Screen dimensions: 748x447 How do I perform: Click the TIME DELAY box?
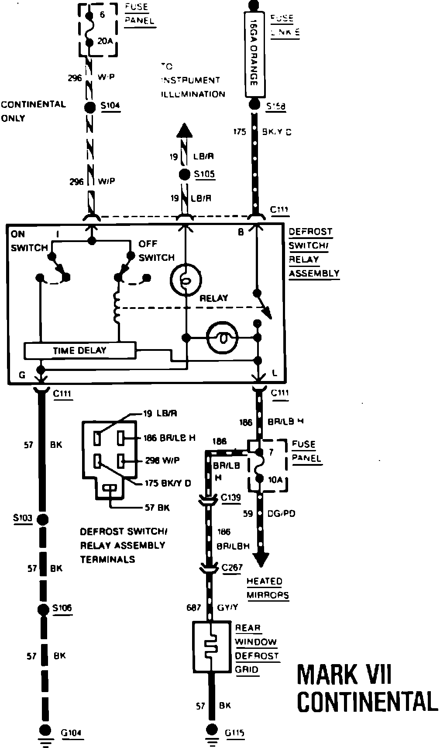(x=79, y=350)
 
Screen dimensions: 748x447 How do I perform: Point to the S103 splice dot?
(x=43, y=519)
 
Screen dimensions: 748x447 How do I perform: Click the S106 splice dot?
(x=43, y=609)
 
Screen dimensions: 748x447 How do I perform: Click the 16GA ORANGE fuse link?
(x=254, y=54)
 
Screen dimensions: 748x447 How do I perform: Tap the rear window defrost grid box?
(x=212, y=646)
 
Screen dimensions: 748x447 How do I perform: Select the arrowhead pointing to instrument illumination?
(x=184, y=131)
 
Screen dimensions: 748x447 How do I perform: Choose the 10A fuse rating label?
(x=275, y=480)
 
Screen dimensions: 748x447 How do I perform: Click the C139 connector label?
(x=231, y=498)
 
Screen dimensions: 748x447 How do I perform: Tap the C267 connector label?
(x=231, y=568)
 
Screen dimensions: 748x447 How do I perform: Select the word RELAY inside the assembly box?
(x=214, y=298)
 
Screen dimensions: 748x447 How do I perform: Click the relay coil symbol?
(x=117, y=307)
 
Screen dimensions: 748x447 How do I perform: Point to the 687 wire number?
(x=193, y=607)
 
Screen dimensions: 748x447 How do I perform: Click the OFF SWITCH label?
(x=156, y=250)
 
